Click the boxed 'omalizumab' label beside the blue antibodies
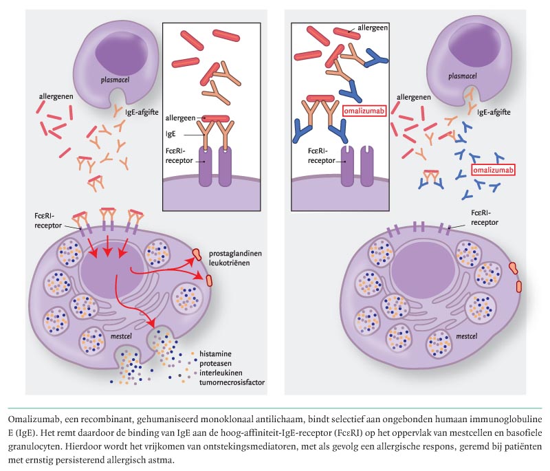click(x=493, y=170)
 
